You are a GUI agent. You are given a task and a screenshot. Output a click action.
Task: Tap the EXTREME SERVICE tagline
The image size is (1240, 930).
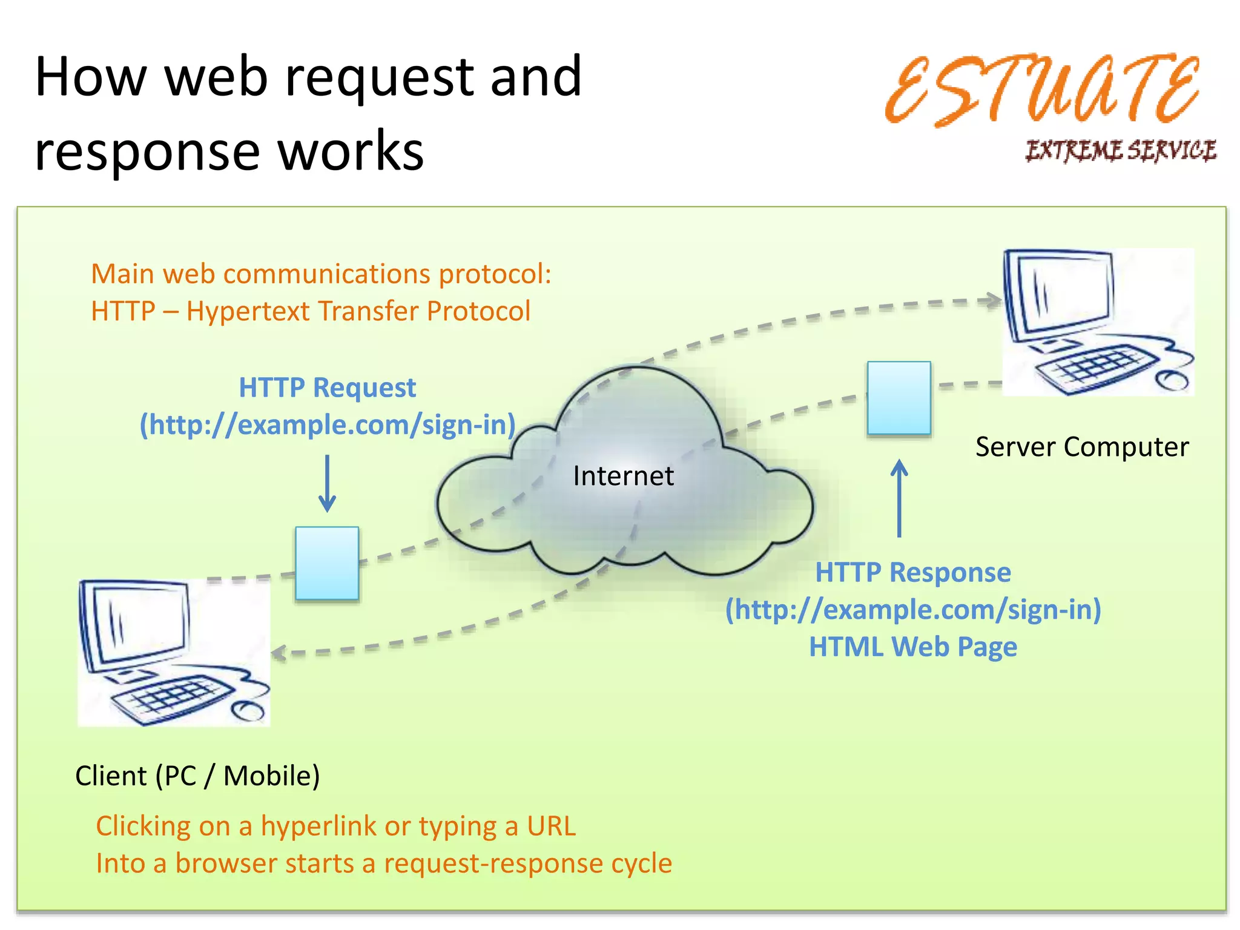point(1120,150)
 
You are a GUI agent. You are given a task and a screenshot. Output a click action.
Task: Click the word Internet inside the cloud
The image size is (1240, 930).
point(623,476)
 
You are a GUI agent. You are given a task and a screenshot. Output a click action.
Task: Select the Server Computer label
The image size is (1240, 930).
point(1082,447)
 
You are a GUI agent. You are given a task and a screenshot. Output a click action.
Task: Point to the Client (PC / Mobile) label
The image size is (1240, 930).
point(197,776)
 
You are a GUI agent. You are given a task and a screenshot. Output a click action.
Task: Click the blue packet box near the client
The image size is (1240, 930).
point(327,563)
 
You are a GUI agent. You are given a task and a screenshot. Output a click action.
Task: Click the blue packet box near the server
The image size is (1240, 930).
point(899,398)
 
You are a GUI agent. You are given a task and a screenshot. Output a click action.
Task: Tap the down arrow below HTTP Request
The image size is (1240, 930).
point(327,484)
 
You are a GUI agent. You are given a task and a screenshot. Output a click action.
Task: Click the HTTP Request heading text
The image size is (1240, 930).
point(327,387)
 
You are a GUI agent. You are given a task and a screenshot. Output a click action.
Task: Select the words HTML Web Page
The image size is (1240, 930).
point(913,647)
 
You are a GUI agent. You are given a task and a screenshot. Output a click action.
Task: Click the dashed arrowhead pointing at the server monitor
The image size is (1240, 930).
point(991,300)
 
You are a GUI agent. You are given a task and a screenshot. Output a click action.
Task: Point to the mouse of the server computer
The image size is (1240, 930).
point(1172,381)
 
